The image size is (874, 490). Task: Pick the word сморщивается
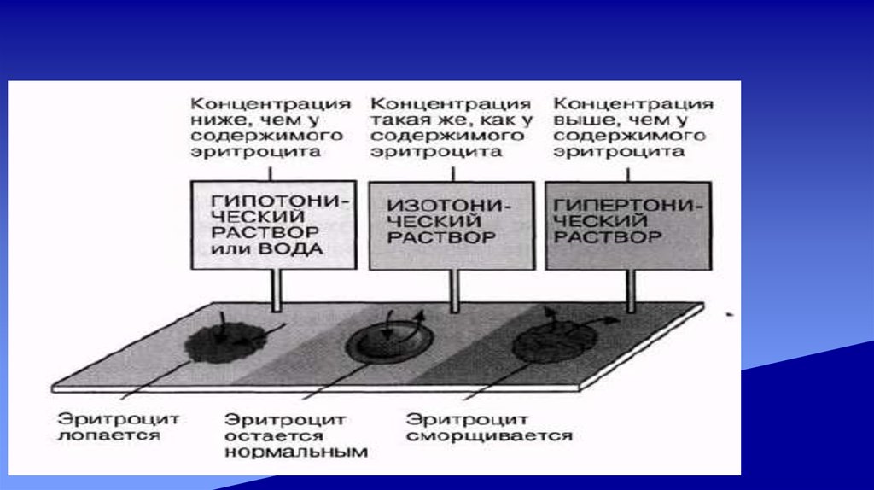coord(488,435)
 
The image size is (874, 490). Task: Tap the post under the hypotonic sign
coord(275,290)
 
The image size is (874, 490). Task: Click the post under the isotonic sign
coord(454,290)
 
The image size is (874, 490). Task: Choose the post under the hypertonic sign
coord(631,290)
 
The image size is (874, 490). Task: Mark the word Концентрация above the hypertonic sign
coord(632,102)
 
